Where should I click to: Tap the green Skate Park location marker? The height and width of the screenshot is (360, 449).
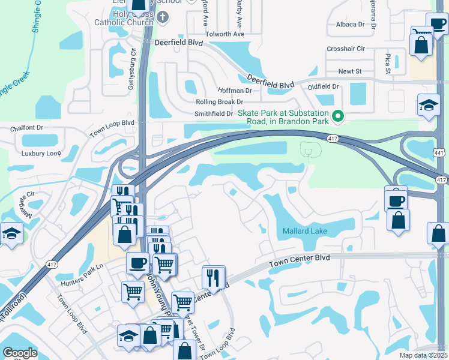[x=338, y=116]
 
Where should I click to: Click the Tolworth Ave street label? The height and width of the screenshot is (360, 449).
[x=225, y=34]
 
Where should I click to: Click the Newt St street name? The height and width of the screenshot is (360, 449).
[x=350, y=71]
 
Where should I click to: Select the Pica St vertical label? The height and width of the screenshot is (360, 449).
[x=387, y=62]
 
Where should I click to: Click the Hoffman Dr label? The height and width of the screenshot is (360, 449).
[x=231, y=91]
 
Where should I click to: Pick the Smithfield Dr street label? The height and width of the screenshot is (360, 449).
[x=213, y=113]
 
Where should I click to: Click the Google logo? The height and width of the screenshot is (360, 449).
[x=20, y=353]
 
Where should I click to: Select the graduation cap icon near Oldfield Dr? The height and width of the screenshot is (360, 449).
[x=428, y=105]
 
